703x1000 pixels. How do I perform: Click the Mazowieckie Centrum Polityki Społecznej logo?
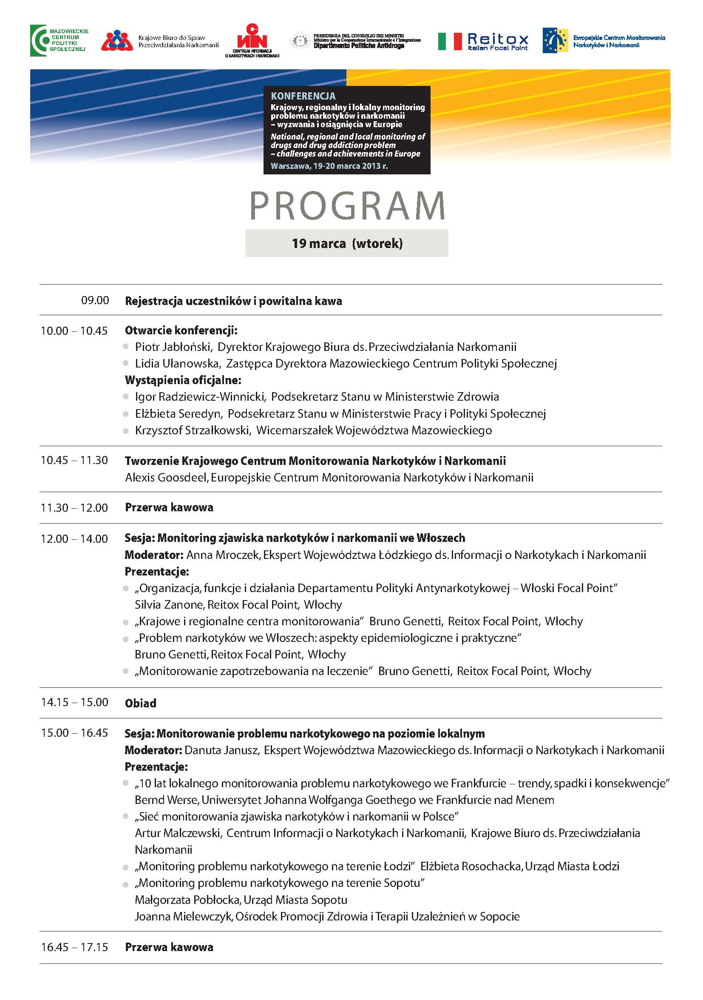pos(59,40)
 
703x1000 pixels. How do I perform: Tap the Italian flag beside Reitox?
pos(449,41)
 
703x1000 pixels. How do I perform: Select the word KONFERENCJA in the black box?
pos(303,96)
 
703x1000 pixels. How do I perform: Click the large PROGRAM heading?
pos(347,205)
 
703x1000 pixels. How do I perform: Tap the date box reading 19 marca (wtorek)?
pos(347,243)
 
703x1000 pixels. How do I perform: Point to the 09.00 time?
pos(95,300)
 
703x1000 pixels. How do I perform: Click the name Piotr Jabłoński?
pos(173,347)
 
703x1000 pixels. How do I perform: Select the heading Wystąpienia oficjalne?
pos(183,380)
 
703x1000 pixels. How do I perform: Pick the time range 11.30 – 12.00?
pos(74,507)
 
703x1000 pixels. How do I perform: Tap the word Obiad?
pos(140,703)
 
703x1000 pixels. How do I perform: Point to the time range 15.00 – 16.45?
pos(74,733)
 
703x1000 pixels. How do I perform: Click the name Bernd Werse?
pos(167,800)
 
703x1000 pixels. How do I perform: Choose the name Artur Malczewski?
pos(178,833)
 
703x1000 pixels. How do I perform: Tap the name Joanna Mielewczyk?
pos(183,916)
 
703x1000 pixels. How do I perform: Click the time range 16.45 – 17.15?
pos(74,947)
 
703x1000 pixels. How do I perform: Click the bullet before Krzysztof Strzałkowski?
pos(126,431)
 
